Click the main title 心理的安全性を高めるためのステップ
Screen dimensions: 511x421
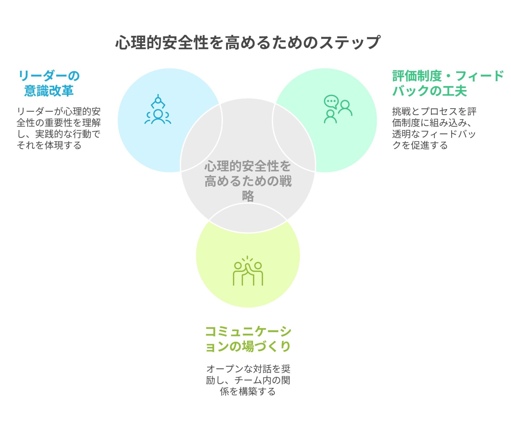[248, 42]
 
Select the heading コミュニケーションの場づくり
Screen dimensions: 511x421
[248, 339]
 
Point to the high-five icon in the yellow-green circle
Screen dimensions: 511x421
[248, 271]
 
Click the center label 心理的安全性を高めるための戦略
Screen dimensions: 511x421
[248, 181]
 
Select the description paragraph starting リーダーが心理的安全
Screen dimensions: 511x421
[59, 128]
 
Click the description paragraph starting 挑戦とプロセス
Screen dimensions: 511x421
[434, 128]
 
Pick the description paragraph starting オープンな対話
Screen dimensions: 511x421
[248, 380]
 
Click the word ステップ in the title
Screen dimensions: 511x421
[350, 43]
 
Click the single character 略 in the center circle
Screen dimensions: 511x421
[248, 196]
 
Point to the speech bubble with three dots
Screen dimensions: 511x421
[331, 101]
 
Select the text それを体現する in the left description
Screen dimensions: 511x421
[49, 145]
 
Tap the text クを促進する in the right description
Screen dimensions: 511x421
[420, 145]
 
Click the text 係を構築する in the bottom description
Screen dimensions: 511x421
[248, 392]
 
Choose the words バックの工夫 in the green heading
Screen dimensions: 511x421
[430, 91]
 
